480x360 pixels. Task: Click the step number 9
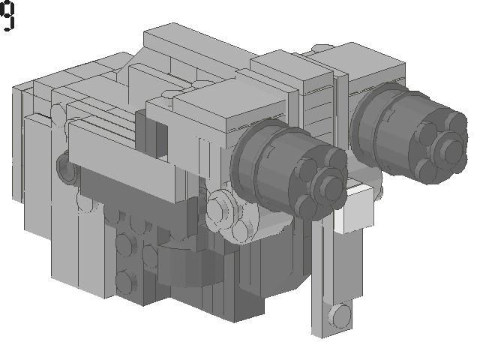coord(7,16)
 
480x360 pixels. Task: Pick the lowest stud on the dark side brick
coord(124,282)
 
